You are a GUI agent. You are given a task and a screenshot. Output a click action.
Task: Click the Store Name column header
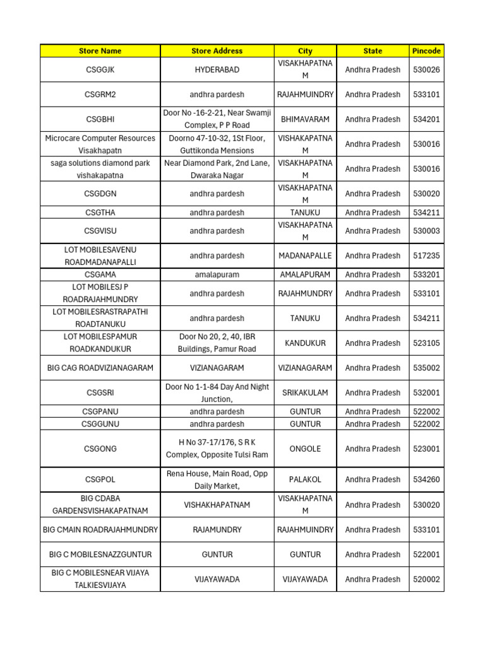tap(100, 51)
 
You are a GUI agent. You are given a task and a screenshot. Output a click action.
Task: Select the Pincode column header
tap(426, 51)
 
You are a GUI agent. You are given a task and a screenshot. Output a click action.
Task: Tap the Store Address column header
tap(217, 51)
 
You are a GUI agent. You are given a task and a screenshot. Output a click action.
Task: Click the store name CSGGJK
tap(100, 70)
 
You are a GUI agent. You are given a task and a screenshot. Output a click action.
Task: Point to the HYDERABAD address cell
tap(217, 70)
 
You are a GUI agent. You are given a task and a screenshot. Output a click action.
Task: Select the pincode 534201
tap(426, 119)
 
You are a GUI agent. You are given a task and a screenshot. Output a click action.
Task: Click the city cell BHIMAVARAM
tap(305, 119)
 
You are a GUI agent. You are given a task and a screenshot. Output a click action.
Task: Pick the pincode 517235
tap(426, 256)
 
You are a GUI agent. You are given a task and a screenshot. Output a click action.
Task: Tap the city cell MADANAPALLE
tap(305, 256)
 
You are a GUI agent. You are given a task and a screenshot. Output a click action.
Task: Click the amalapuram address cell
tap(217, 275)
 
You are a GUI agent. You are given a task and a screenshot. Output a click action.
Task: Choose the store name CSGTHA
tap(100, 213)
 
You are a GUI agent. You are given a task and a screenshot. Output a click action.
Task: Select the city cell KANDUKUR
tap(305, 343)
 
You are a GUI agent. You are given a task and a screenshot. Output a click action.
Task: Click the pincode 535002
tap(426, 368)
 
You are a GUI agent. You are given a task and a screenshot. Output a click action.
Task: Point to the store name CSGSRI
tap(100, 393)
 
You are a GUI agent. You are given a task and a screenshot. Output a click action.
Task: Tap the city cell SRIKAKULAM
tap(305, 393)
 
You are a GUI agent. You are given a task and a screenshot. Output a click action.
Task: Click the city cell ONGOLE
tap(305, 449)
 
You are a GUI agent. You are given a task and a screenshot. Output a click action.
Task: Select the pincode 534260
tap(426, 479)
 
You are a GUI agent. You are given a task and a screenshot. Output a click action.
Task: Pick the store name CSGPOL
tap(100, 479)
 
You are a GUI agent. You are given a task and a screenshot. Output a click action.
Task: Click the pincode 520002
tap(426, 579)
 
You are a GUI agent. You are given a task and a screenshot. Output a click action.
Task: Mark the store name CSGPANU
tap(100, 412)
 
